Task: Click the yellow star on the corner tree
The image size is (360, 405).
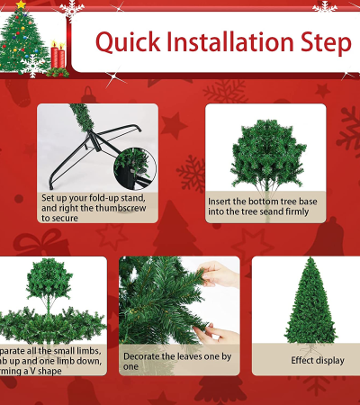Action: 21,5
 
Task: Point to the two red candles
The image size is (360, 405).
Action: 58,57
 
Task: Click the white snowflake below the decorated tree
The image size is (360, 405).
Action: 34,65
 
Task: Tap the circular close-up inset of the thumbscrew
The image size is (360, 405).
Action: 135,166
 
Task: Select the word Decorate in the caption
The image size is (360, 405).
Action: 142,355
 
